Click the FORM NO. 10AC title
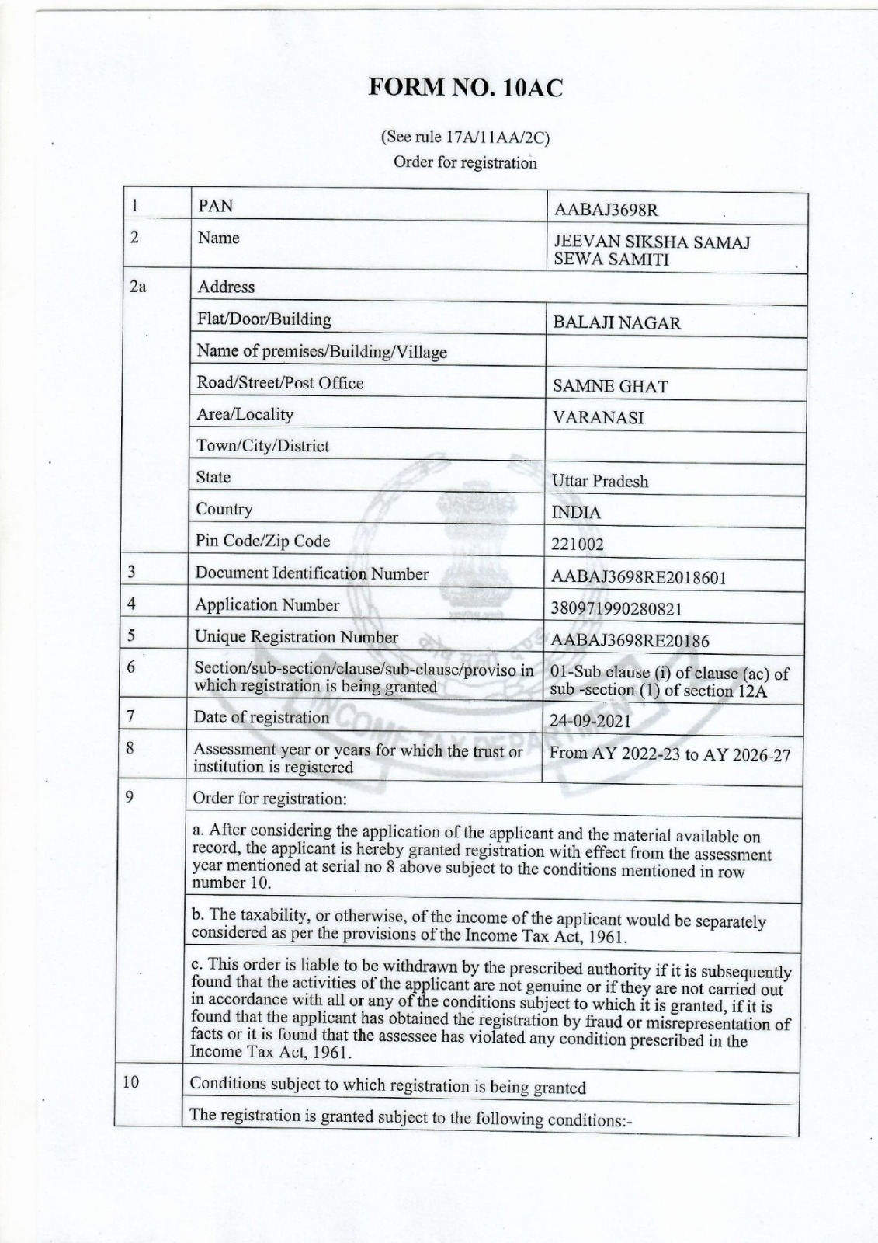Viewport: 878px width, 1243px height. [464, 88]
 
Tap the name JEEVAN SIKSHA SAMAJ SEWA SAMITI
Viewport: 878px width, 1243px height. [651, 251]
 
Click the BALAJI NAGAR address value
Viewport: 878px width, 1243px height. [616, 323]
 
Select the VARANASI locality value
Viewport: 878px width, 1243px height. [598, 418]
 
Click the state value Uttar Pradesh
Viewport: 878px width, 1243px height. [599, 481]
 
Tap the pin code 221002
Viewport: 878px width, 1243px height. [577, 544]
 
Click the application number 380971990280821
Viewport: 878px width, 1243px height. [616, 608]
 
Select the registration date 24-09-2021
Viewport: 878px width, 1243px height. [590, 721]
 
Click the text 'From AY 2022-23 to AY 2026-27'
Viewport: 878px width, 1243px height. [670, 754]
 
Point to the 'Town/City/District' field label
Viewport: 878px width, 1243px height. [262, 446]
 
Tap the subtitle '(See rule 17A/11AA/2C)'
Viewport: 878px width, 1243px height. [464, 138]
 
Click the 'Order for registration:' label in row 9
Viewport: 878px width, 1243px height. [269, 798]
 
